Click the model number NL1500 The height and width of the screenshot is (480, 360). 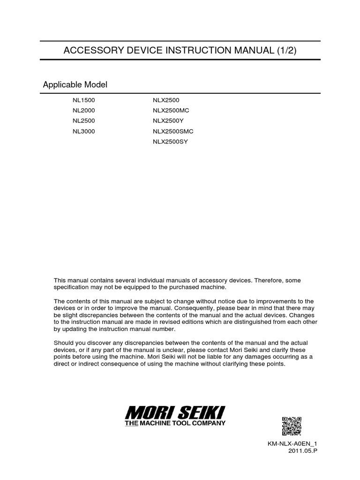83,100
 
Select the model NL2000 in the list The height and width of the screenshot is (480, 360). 83,111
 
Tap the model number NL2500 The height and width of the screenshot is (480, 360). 83,121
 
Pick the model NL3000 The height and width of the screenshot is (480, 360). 83,131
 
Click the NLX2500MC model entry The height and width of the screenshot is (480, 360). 171,111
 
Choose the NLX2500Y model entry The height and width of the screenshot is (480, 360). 168,121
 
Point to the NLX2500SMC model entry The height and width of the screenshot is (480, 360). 173,131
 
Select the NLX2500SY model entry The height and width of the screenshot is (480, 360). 170,142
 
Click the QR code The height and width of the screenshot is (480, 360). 291,426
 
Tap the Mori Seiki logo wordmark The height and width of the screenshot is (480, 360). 175,413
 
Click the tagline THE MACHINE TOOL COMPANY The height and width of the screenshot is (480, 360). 175,423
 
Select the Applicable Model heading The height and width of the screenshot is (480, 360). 75,85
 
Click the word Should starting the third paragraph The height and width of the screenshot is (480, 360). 64,343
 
